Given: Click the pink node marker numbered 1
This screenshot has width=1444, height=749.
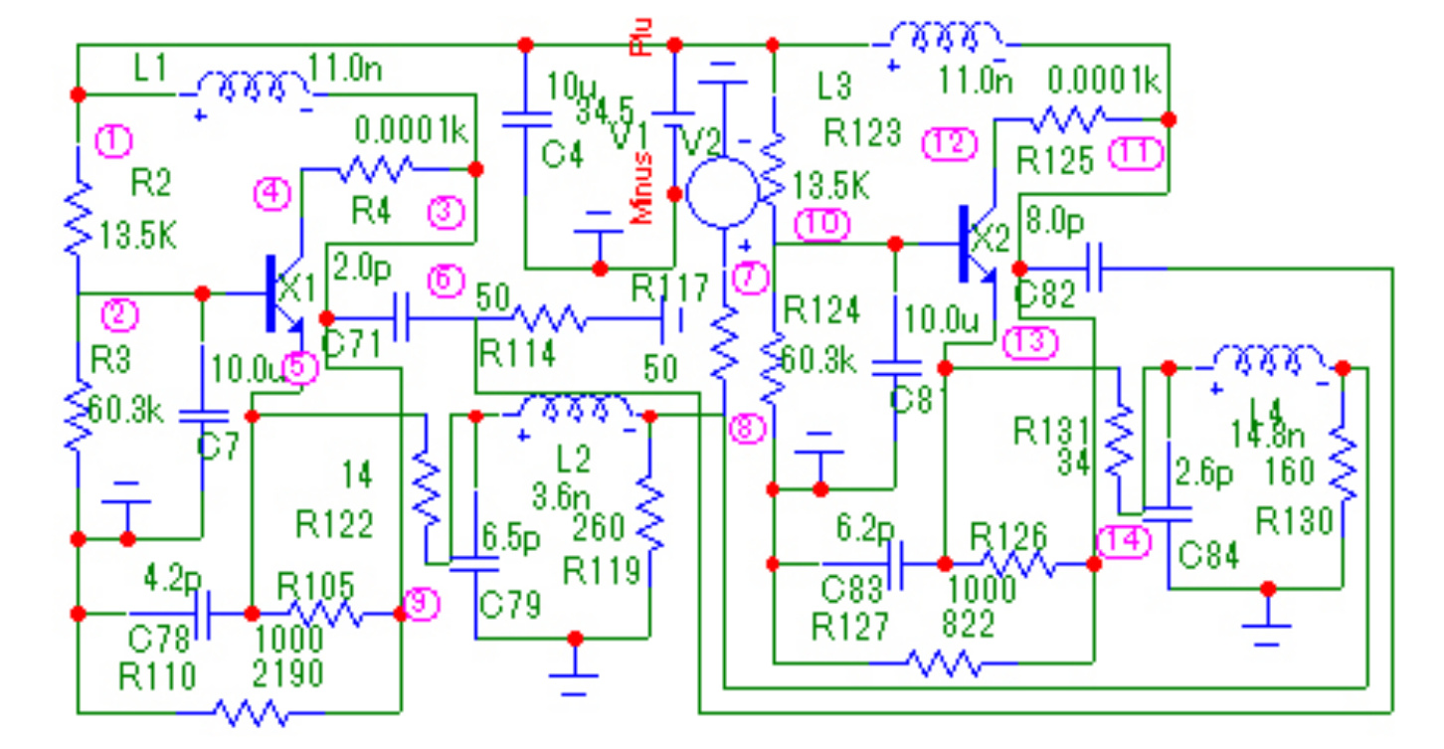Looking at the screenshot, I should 114,142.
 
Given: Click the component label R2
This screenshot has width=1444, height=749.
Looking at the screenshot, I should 151,182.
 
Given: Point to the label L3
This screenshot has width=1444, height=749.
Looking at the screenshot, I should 833,88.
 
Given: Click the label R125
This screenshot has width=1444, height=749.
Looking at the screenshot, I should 1056,159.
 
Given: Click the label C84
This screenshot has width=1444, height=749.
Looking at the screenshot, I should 1208,555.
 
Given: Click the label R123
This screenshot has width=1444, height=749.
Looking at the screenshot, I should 862,130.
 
